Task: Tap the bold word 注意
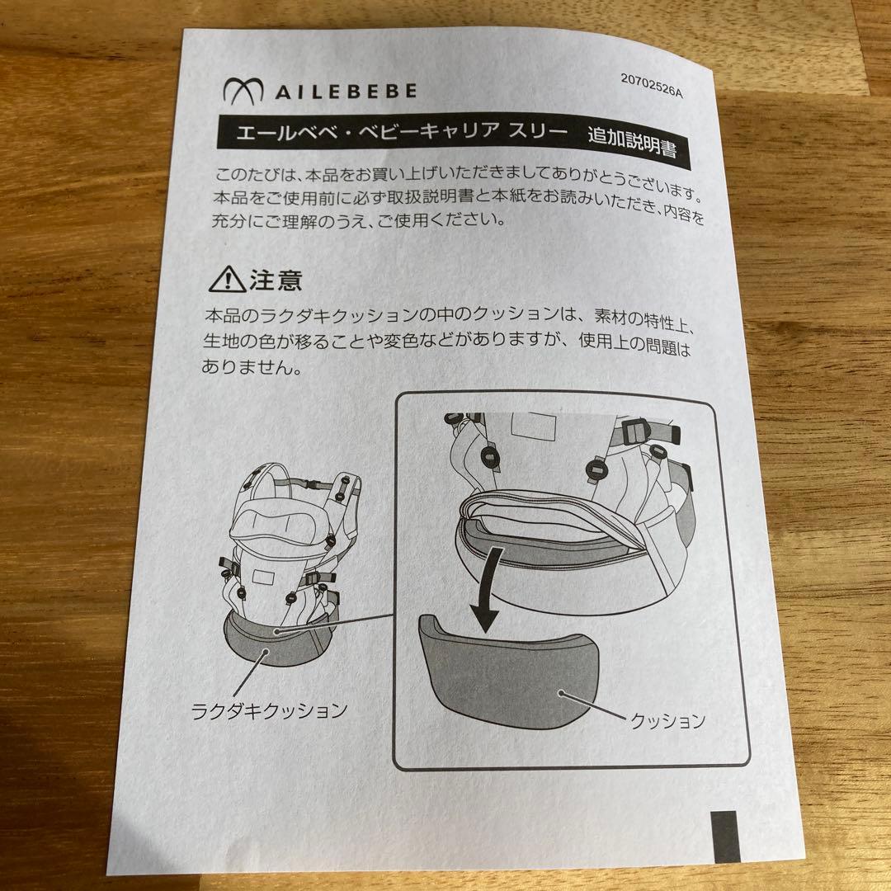click(276, 281)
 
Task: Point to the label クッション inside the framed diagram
click(667, 721)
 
